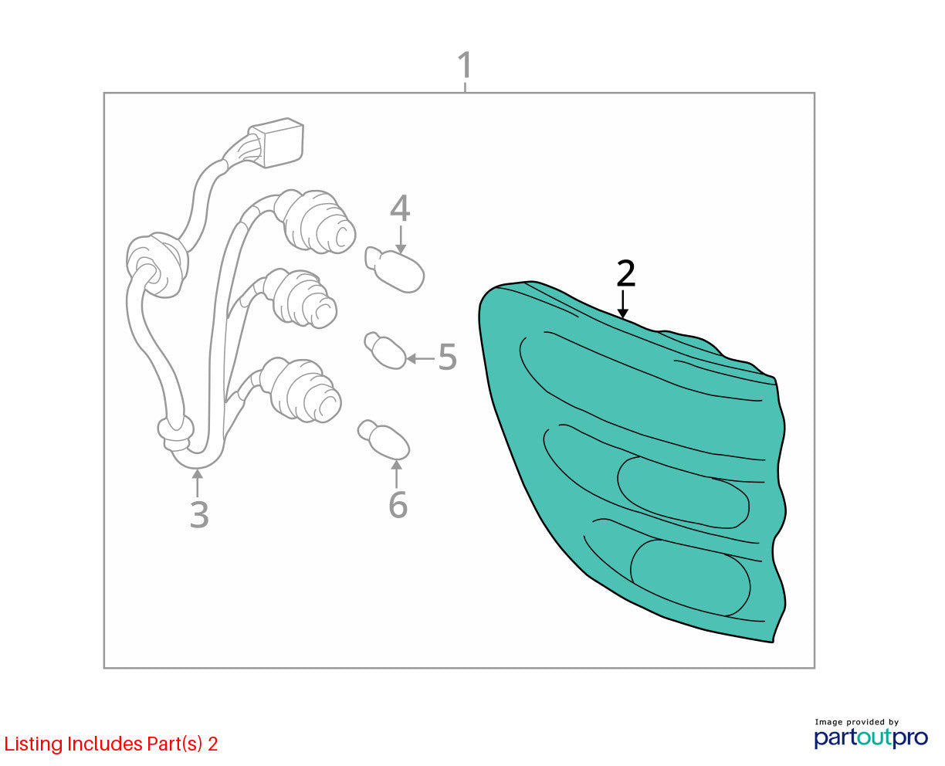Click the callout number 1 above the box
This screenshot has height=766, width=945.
tap(465, 65)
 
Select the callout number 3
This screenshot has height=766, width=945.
tap(199, 514)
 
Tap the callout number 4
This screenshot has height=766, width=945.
tap(400, 208)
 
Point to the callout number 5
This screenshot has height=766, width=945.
tap(447, 357)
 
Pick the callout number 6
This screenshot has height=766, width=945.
tap(398, 504)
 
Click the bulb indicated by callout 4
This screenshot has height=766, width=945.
tap(395, 269)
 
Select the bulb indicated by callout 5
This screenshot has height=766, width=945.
tap(385, 351)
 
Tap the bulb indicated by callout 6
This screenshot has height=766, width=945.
tap(383, 439)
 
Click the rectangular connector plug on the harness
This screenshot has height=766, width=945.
tap(276, 142)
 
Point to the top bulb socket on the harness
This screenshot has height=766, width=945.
tap(315, 222)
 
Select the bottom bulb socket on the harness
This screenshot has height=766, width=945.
tap(302, 390)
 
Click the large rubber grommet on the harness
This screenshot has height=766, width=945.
tap(157, 265)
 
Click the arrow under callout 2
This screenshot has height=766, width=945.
tap(623, 304)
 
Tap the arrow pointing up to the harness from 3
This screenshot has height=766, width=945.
tap(198, 483)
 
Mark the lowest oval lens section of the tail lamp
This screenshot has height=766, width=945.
tap(690, 578)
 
